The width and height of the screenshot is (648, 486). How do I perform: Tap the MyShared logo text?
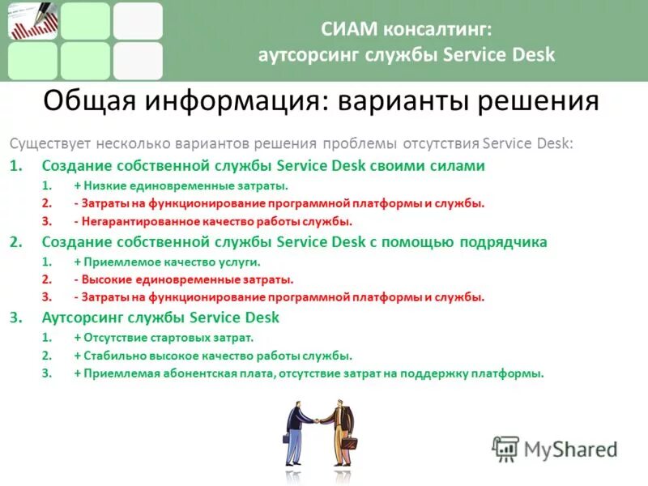[x=569, y=449]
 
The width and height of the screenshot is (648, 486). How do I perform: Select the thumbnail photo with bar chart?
[x=32, y=21]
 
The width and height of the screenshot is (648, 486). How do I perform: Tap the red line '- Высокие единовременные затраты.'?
[x=183, y=279]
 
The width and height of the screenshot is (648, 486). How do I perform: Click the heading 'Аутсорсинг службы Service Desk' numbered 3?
[x=160, y=318]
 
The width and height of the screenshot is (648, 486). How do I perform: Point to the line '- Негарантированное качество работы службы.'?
[x=213, y=221]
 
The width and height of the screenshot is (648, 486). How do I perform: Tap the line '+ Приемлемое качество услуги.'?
[x=167, y=262]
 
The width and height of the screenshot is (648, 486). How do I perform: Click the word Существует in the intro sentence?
[x=49, y=144]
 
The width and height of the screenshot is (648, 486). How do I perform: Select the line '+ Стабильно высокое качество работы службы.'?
[x=213, y=355]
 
